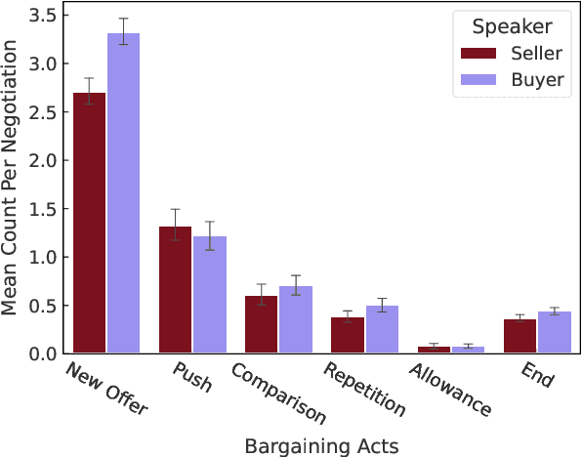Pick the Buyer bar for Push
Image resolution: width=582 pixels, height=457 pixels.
(x=210, y=295)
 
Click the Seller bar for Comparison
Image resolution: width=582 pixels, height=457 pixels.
(x=262, y=324)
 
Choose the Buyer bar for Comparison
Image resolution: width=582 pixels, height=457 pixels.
(x=296, y=320)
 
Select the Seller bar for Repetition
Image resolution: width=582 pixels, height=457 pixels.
(x=348, y=335)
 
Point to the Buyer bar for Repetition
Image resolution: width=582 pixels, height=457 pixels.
(x=382, y=329)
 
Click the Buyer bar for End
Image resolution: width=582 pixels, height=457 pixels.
(x=554, y=332)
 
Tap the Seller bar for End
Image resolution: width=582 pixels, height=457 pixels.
(x=520, y=336)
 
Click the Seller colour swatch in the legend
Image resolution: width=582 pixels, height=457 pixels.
(x=479, y=54)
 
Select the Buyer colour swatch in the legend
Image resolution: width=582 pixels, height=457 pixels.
(x=479, y=80)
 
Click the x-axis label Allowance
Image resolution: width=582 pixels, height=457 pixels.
(x=450, y=390)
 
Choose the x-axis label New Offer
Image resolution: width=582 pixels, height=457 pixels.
(x=105, y=388)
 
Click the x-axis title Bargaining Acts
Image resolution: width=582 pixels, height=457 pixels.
(x=321, y=445)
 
